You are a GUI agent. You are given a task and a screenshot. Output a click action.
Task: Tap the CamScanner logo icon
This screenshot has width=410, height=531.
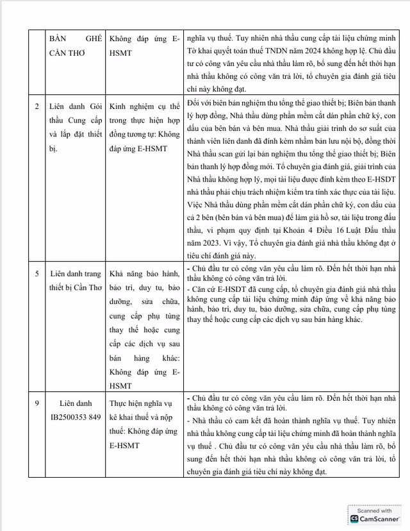(355, 518)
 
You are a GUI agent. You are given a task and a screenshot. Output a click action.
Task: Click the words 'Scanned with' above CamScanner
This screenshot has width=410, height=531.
(375, 510)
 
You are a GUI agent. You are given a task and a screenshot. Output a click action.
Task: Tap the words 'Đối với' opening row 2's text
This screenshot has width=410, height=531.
(200, 103)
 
